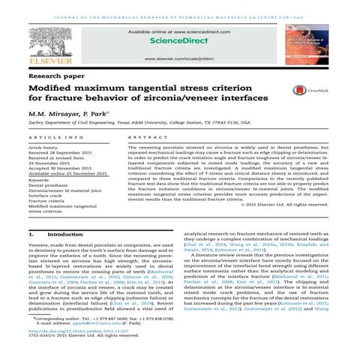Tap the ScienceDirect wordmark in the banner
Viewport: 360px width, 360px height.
coord(181,44)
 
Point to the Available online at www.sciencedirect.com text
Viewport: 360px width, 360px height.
coord(181,34)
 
